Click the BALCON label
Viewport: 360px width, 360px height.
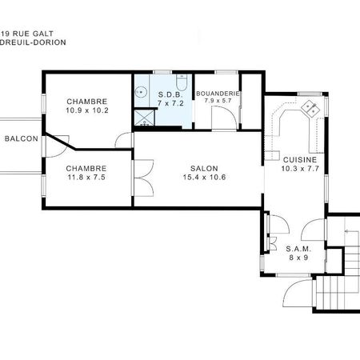pos(21,138)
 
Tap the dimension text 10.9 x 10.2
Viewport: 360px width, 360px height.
pos(87,110)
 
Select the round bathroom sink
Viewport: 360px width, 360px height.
pos(142,92)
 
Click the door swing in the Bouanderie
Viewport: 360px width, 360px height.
pos(223,118)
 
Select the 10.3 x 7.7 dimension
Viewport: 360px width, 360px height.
pos(300,169)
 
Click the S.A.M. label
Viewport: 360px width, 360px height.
pos(298,249)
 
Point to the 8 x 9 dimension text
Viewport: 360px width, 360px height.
pos(298,258)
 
